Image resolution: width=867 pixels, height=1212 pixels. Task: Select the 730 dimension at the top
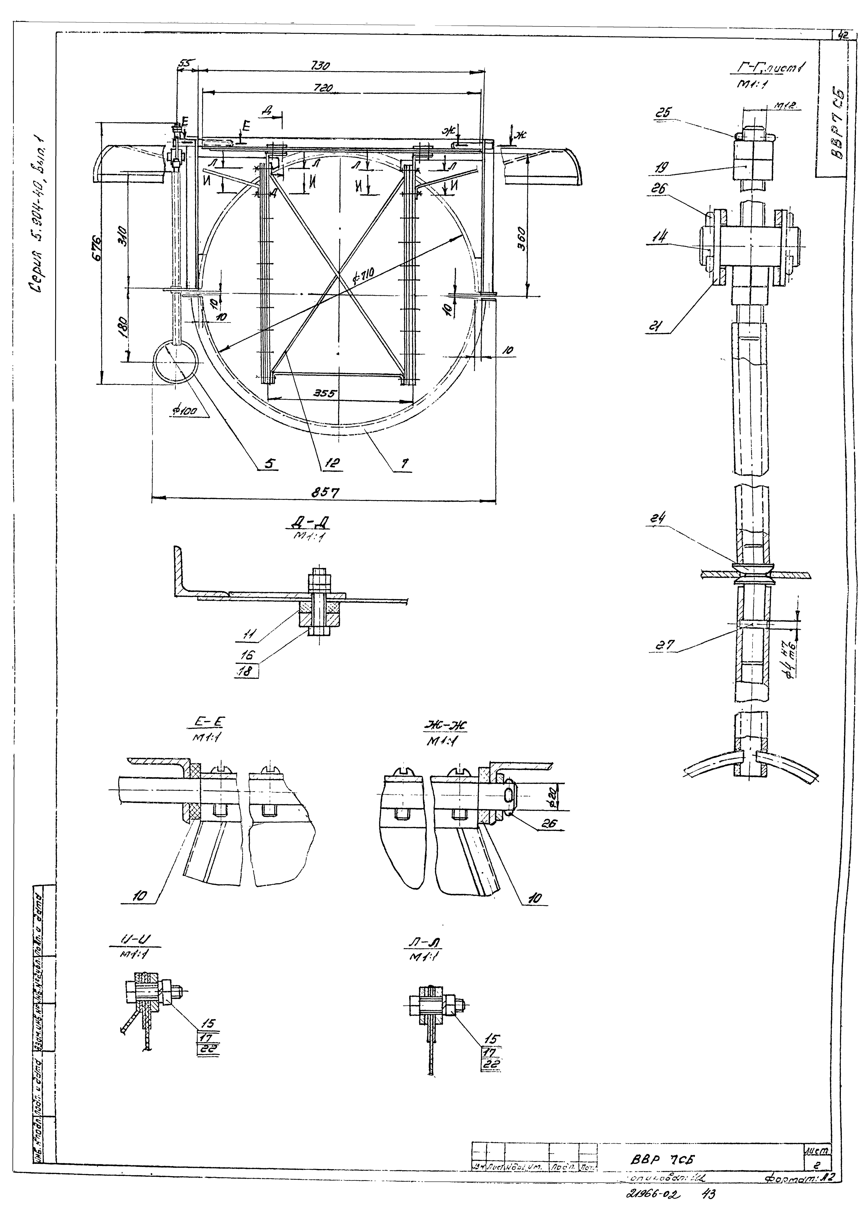point(320,66)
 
